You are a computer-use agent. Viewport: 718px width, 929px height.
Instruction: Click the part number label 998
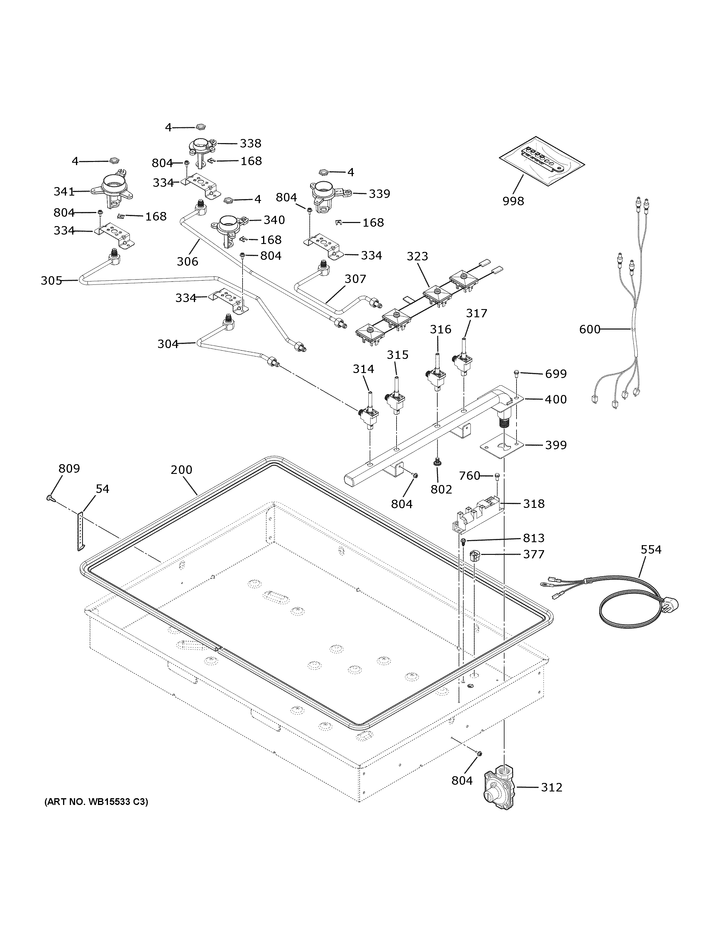pos(513,201)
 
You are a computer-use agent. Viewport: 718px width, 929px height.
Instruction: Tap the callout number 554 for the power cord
pos(651,550)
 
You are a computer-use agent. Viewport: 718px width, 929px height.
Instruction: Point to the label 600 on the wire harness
pos(590,329)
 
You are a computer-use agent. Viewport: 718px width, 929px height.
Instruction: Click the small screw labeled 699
pos(517,374)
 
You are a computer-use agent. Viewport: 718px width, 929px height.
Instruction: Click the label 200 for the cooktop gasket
pos(181,470)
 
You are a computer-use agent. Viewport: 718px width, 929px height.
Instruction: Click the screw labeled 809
pos(50,497)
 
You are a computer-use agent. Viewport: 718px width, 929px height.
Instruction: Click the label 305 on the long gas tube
pos(51,281)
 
